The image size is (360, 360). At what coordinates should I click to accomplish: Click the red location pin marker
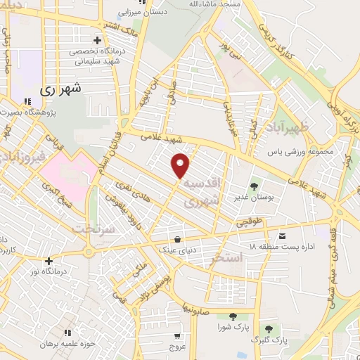coord(181,165)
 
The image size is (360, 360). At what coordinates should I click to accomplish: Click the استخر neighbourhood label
coord(226,258)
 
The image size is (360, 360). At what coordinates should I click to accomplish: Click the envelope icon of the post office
coord(283,236)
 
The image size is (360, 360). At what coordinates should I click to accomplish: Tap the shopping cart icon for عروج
coord(177,336)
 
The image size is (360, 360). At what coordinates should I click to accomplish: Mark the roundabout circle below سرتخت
coord(89,252)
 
